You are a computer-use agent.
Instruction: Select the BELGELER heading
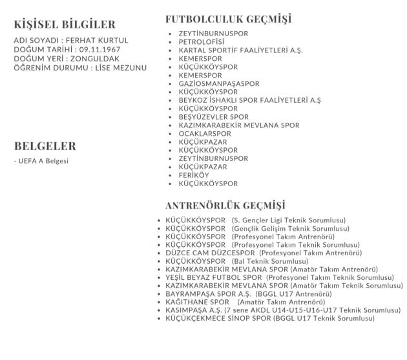click(x=45, y=146)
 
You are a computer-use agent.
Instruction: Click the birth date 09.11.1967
click(x=99, y=49)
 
